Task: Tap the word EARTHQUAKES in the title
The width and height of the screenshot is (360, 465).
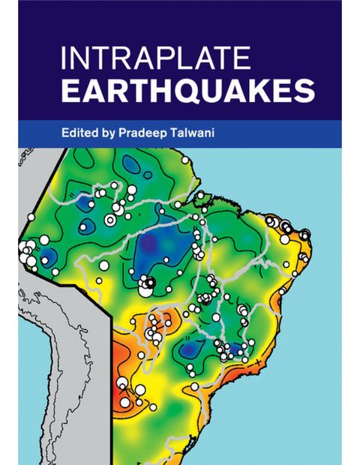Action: (x=187, y=92)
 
